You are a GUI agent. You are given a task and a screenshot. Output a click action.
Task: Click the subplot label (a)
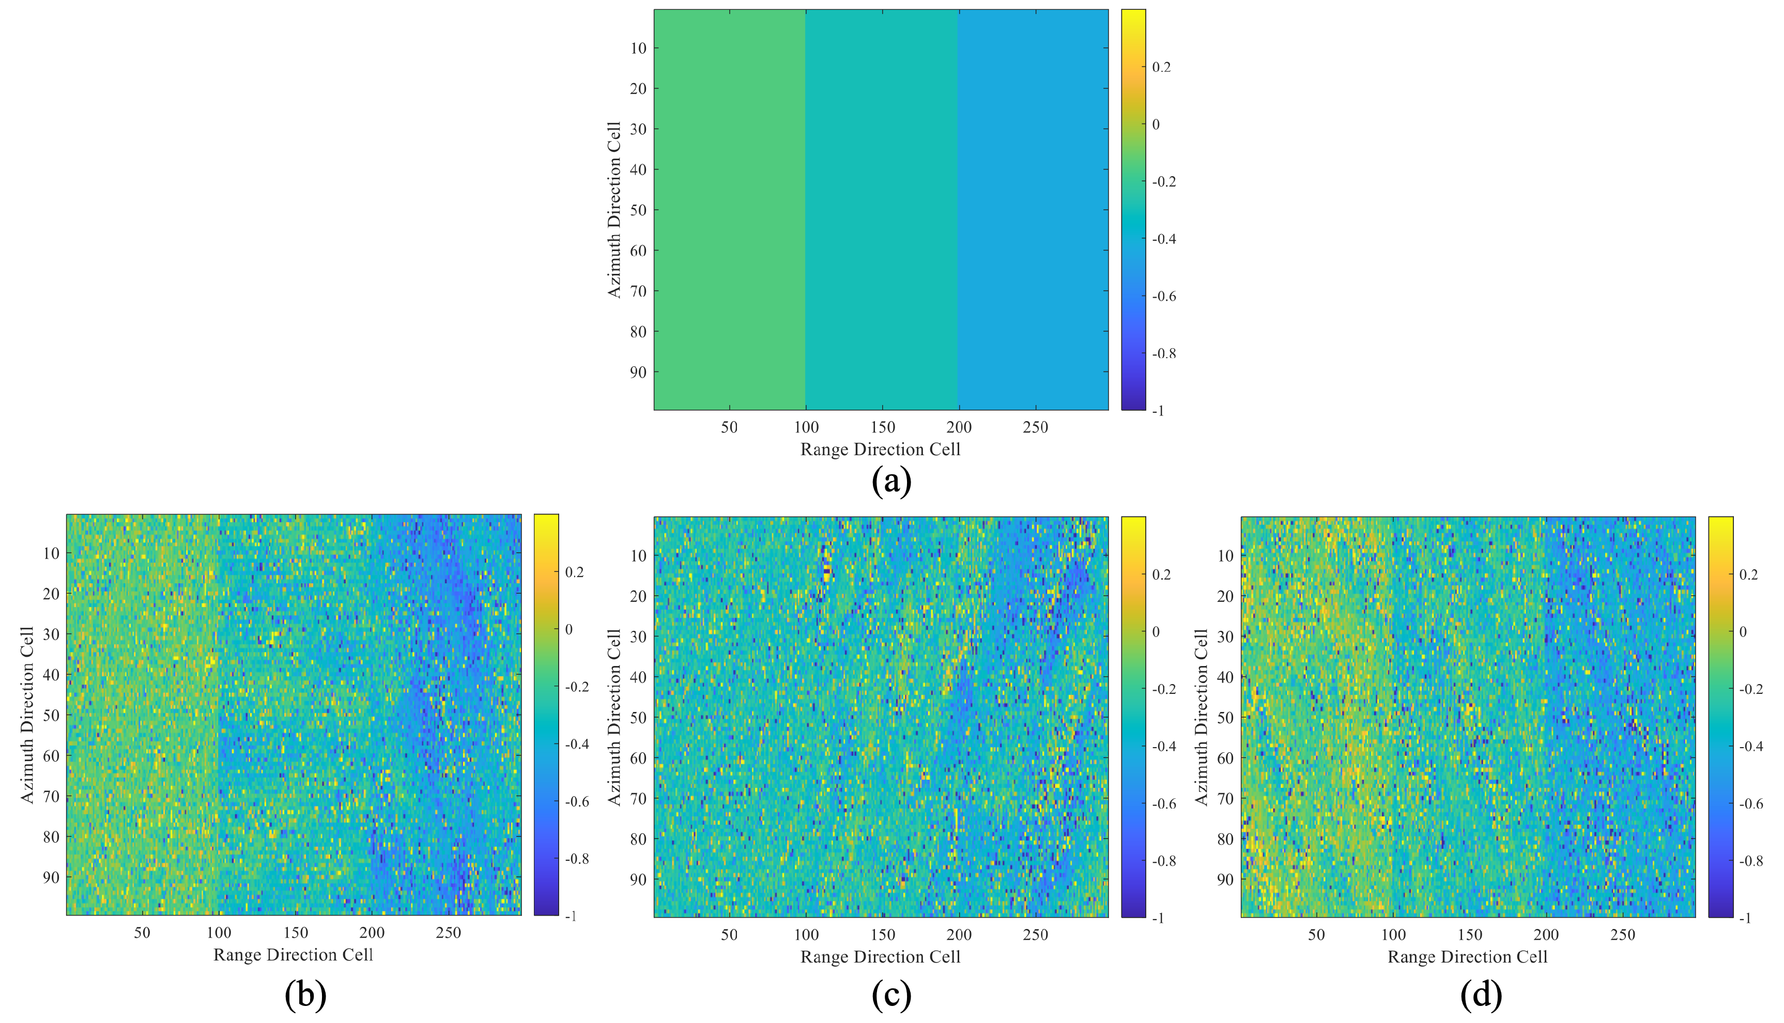(x=891, y=482)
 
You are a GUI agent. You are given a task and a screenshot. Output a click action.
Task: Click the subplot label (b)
(x=305, y=995)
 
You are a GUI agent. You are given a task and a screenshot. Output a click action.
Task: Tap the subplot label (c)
(x=891, y=995)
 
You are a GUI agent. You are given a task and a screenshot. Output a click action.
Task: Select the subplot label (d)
(x=1481, y=995)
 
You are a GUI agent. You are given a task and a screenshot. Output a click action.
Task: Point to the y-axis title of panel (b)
(x=27, y=715)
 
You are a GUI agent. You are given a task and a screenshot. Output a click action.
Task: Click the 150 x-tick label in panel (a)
(x=883, y=427)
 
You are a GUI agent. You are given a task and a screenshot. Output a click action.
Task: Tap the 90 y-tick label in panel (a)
(x=638, y=373)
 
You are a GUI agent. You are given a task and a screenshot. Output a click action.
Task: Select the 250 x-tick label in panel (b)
(x=448, y=933)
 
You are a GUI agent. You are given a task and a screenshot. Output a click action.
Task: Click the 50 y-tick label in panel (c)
(x=638, y=717)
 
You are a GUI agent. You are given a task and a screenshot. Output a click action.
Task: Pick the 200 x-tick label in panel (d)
(x=1546, y=935)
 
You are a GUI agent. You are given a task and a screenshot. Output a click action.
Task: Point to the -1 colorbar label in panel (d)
(x=1744, y=918)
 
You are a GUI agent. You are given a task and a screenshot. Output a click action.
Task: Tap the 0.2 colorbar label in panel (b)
(x=574, y=572)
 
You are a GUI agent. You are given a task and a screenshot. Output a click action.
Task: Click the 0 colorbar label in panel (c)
(x=1156, y=632)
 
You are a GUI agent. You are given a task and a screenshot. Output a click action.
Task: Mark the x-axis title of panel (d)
(x=1467, y=957)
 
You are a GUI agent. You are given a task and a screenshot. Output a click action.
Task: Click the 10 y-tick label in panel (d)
(x=1225, y=556)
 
